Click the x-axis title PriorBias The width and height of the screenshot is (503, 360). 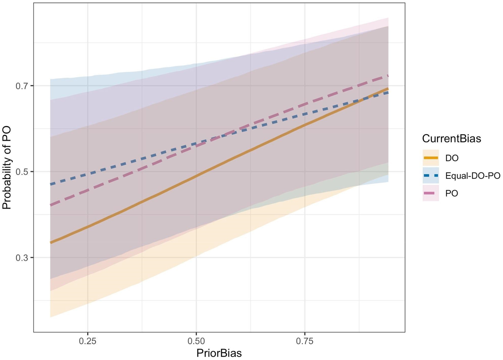click(x=219, y=353)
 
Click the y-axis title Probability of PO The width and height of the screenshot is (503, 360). click(x=7, y=168)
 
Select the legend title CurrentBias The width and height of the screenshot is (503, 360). click(x=451, y=139)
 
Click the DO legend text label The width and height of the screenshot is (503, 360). click(x=452, y=158)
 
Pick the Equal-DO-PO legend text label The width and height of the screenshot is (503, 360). click(x=473, y=176)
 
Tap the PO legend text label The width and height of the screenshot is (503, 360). click(x=451, y=193)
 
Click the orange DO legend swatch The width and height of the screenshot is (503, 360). click(x=431, y=158)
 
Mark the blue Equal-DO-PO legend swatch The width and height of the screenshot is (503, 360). click(x=431, y=175)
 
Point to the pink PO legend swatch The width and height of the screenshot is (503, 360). click(x=431, y=193)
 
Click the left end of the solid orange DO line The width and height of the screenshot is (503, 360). click(x=51, y=243)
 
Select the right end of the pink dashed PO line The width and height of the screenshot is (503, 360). click(x=388, y=76)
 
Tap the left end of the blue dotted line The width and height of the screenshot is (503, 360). click(x=51, y=185)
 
